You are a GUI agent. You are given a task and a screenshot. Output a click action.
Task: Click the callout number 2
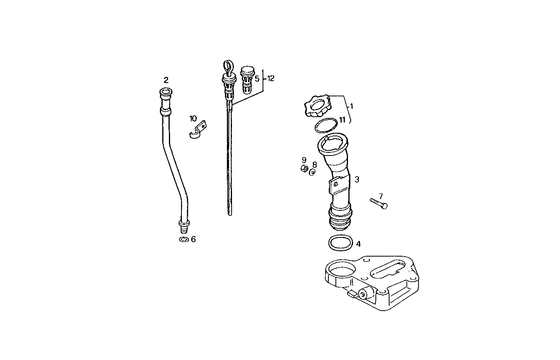166,80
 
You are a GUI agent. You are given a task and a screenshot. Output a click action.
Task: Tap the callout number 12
271,78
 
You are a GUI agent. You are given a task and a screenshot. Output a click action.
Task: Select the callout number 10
193,118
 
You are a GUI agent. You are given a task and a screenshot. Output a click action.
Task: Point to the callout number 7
380,196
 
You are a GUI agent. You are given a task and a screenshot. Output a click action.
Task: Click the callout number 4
358,244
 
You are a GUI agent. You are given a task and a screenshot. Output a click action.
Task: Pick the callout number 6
193,239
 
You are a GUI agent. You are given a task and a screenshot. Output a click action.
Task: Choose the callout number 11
342,120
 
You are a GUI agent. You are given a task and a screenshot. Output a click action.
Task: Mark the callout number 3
357,179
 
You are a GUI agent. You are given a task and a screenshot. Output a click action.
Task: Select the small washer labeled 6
183,239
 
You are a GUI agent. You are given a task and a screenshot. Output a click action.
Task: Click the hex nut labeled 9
303,168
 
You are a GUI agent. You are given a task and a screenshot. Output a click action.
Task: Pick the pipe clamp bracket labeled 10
197,130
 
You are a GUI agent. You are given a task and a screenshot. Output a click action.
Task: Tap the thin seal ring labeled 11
326,125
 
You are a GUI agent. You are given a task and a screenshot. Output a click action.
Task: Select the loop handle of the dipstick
227,66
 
